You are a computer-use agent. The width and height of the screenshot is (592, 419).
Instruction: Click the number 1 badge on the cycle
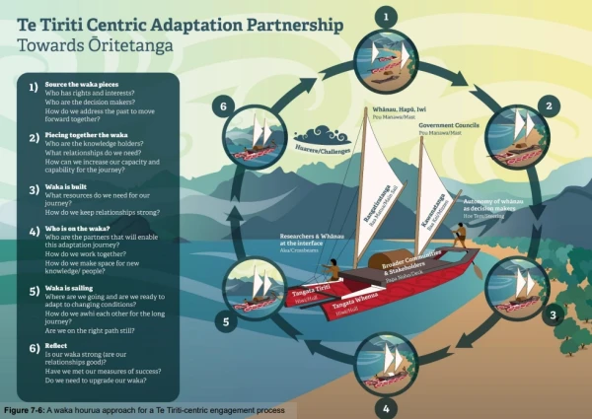(x=386, y=16)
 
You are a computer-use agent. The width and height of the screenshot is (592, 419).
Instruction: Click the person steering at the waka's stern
(x=459, y=235)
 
